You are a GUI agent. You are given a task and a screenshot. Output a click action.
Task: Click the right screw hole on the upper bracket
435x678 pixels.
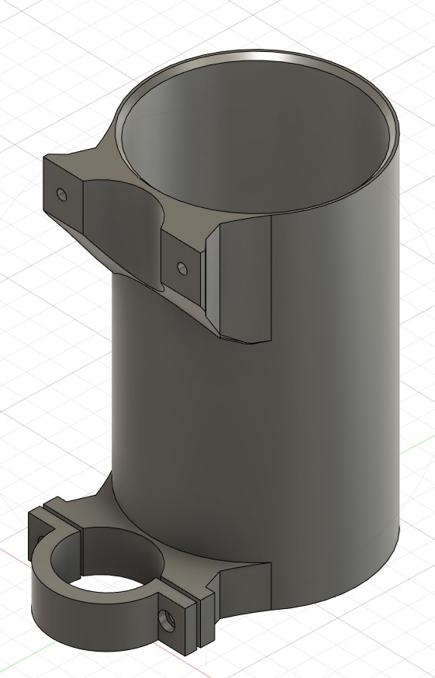click(x=181, y=268)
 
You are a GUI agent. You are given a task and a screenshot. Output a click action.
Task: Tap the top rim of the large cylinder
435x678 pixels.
click(x=256, y=56)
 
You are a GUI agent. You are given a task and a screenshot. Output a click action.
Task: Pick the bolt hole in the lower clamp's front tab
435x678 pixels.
click(x=166, y=619)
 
